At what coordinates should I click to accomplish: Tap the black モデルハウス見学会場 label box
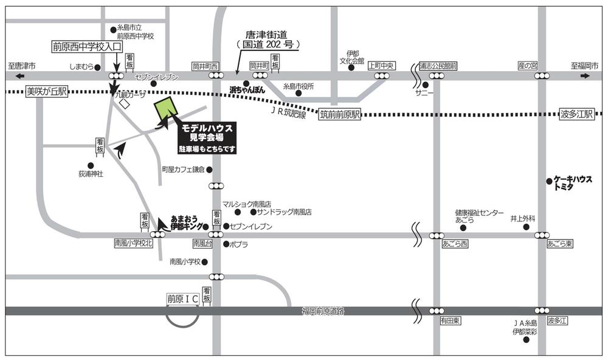[x=206, y=138]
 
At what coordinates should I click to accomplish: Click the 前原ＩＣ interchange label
[x=183, y=299]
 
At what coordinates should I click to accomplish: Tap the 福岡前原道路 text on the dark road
[x=323, y=311]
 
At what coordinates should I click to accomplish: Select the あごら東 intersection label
[x=559, y=244]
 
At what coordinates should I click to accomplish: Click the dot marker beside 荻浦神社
[x=91, y=165]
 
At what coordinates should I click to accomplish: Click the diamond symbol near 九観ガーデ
[x=124, y=104]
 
